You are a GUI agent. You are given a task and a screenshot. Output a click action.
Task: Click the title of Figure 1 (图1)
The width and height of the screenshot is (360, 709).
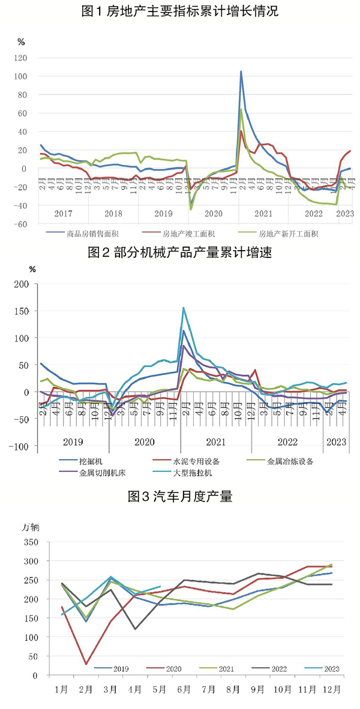coord(180,11)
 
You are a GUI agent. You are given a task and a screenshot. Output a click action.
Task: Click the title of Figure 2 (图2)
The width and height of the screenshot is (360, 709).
coord(180,253)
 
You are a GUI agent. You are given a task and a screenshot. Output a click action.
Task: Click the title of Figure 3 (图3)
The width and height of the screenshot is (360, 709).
coord(180,496)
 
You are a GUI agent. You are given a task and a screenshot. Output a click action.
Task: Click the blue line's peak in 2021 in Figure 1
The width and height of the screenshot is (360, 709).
coord(241,71)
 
